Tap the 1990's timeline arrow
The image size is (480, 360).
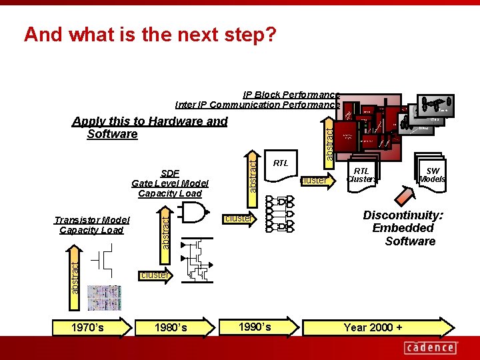(257, 327)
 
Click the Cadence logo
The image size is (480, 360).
(431, 347)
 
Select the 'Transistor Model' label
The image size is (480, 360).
(92, 220)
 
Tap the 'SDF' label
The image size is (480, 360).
(170, 173)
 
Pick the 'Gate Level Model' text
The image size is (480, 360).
(170, 183)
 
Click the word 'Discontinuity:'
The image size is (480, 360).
(403, 215)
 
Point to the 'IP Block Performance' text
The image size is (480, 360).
(291, 95)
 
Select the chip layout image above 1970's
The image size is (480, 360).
(105, 297)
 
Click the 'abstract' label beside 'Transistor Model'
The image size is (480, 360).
(166, 230)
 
